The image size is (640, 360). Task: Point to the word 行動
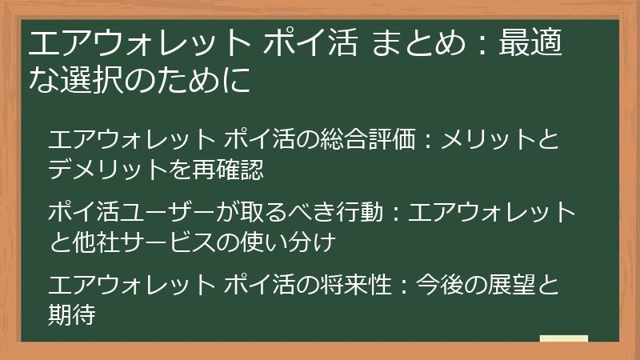[x=366, y=212]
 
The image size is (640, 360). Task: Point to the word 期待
[x=72, y=314]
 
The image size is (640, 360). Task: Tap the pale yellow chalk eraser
[x=563, y=338]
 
